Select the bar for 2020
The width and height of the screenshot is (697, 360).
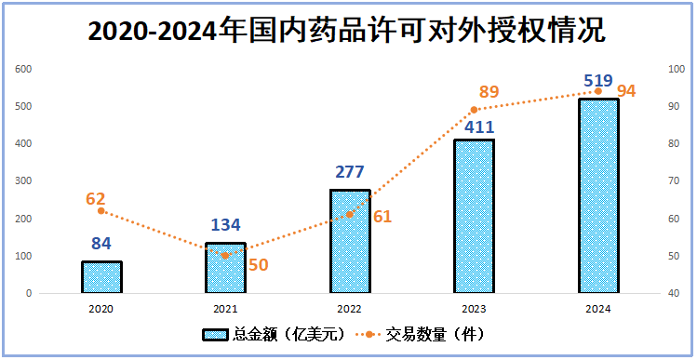tap(101, 277)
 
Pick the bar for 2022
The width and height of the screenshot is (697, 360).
tap(350, 242)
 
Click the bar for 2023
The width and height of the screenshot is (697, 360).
tap(474, 217)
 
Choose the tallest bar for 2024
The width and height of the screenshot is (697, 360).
tap(597, 196)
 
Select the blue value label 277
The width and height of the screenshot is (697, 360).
tap(350, 173)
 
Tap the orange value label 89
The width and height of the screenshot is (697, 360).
tap(489, 92)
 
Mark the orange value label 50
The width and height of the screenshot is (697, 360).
tap(258, 264)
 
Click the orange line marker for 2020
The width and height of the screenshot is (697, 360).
tap(101, 210)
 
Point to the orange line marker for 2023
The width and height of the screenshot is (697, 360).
tap(474, 110)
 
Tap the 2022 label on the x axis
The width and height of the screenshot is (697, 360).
tap(350, 308)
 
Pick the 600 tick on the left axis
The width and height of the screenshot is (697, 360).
tap(23, 70)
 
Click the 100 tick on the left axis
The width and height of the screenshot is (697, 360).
tap(23, 256)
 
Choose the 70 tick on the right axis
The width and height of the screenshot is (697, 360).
tap(676, 181)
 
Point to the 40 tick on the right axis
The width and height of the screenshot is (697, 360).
tap(676, 293)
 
